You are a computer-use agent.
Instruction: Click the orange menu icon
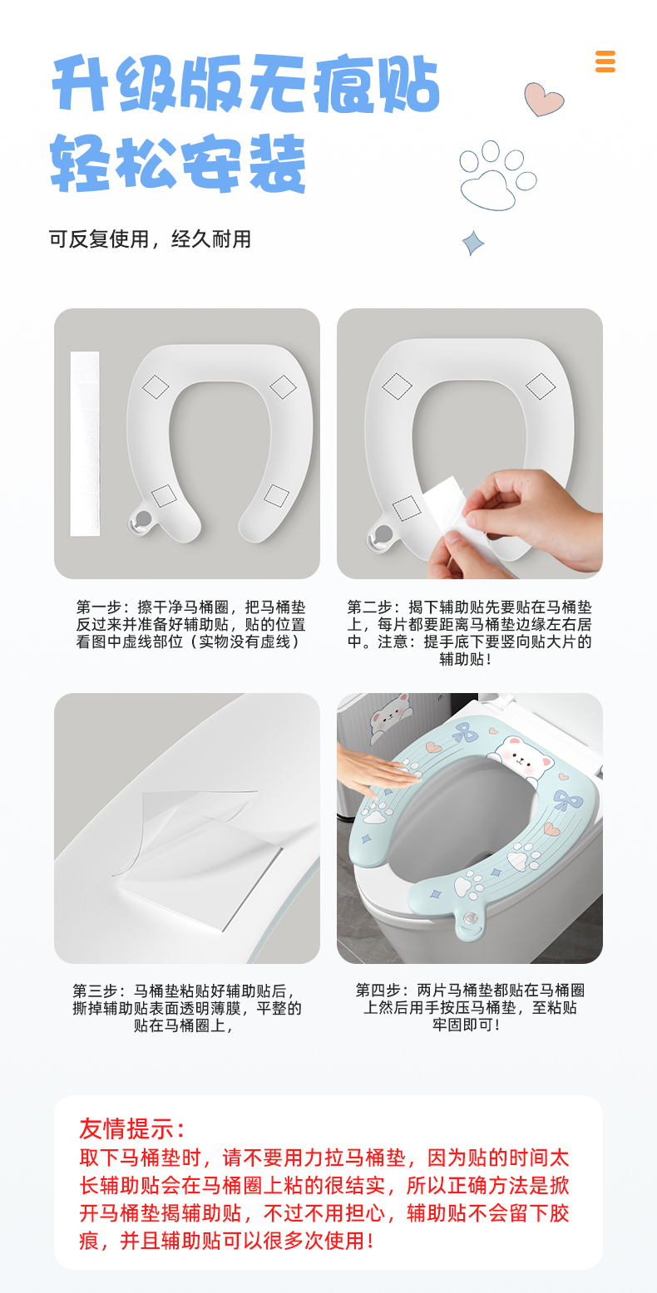(x=605, y=61)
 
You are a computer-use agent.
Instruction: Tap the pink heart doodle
(x=543, y=99)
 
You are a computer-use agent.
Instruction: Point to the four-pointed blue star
(x=473, y=243)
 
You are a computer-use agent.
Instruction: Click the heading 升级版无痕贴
(x=245, y=83)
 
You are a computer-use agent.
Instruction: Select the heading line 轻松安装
(x=178, y=163)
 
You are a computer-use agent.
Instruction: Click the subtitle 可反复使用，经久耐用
(x=150, y=239)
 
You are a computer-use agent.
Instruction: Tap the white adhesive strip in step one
(x=85, y=443)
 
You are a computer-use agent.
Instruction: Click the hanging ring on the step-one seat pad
(x=143, y=520)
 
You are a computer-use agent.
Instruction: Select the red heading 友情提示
(x=133, y=1128)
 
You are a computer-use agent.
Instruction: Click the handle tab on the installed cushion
(x=470, y=917)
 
